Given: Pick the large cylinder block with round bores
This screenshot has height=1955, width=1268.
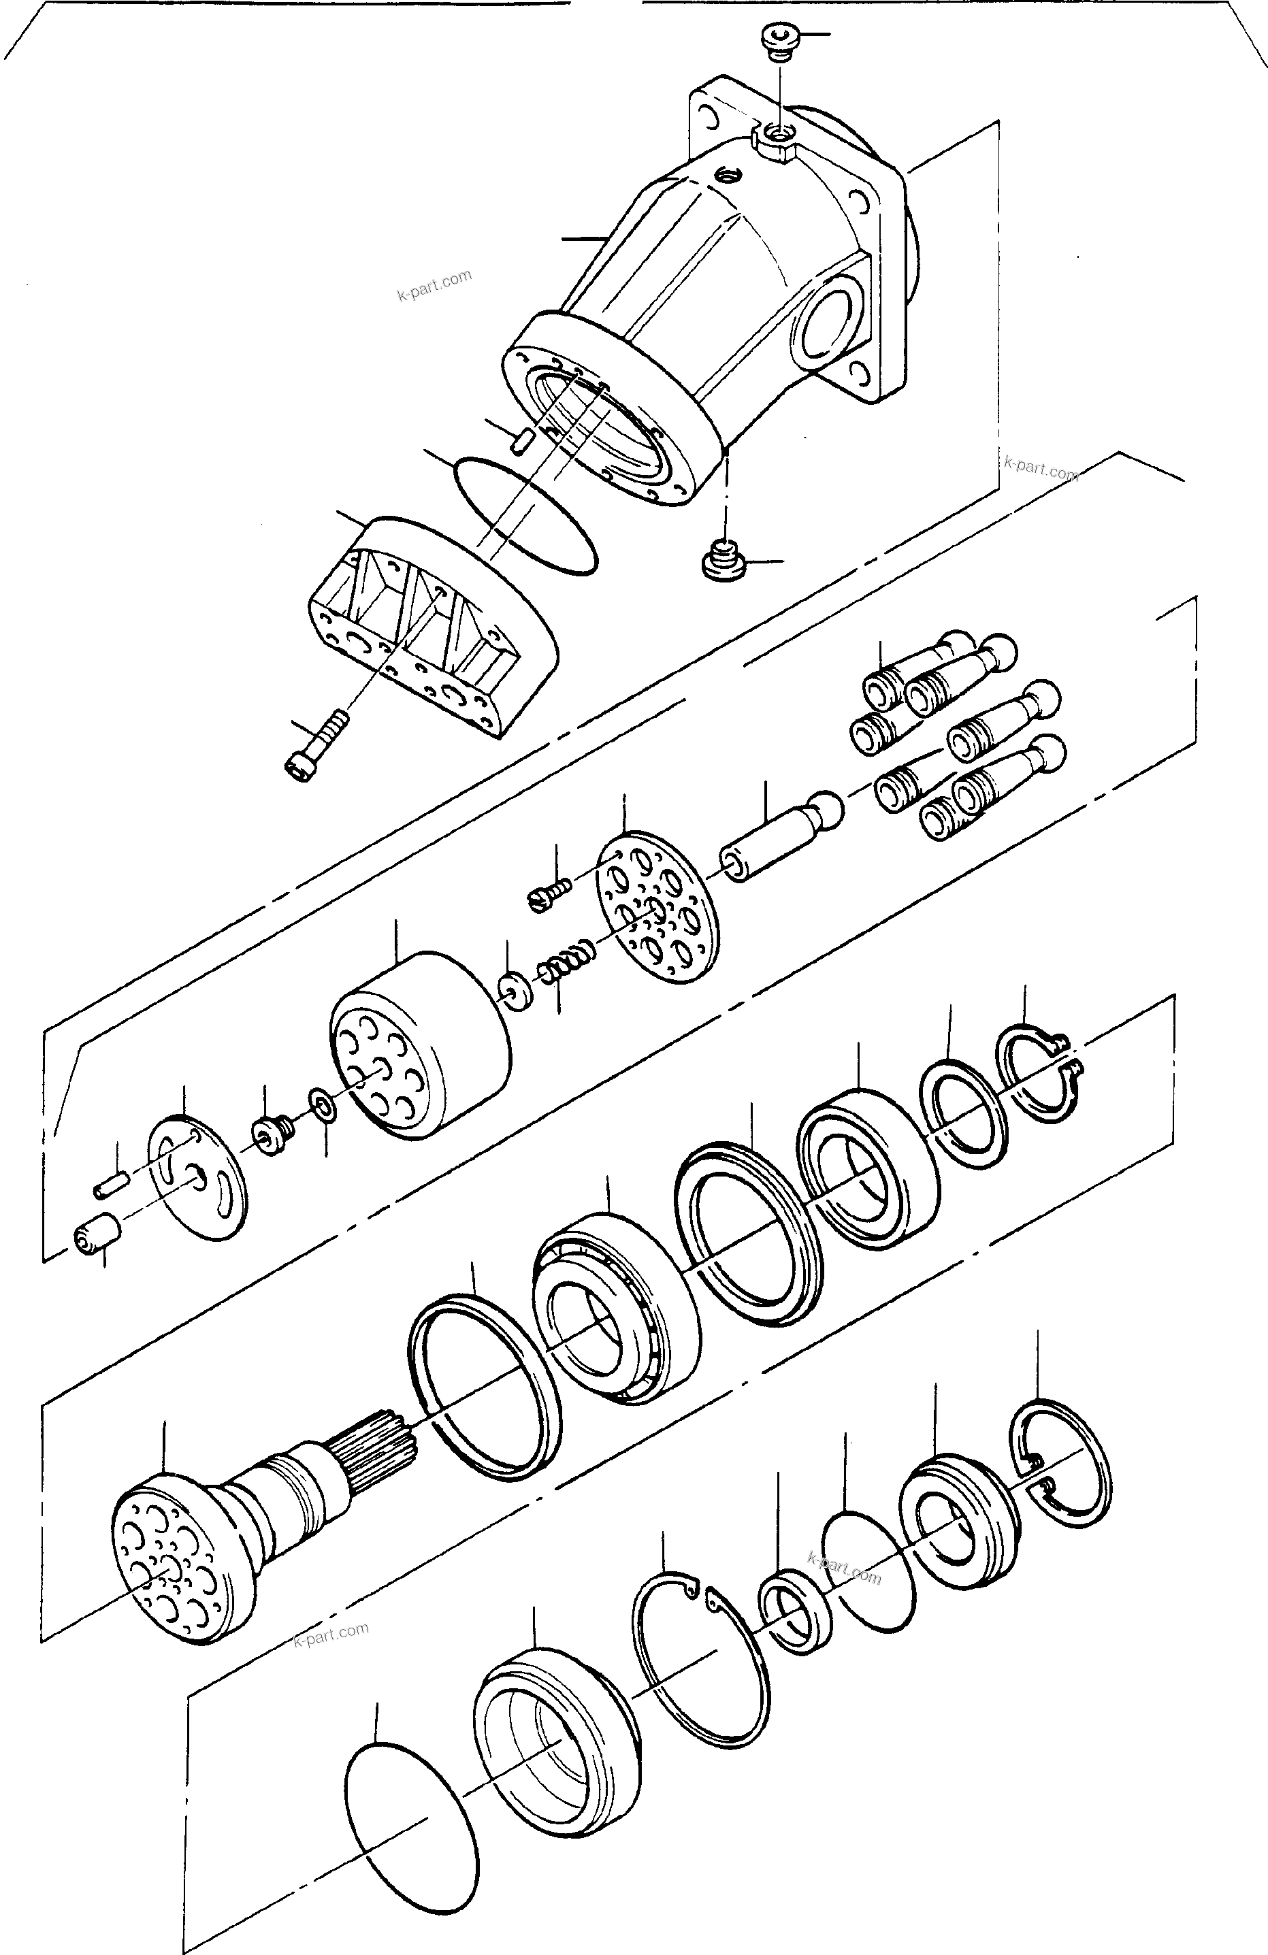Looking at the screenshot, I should click(419, 1045).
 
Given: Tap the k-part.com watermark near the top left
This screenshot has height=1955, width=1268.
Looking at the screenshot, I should click(434, 285).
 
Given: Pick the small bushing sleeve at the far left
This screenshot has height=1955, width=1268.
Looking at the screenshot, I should click(97, 1238).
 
